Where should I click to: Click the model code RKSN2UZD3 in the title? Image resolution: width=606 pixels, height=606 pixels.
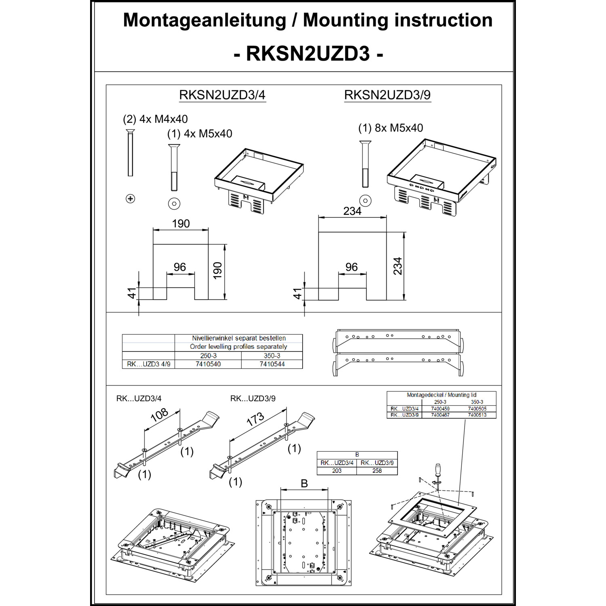(308, 53)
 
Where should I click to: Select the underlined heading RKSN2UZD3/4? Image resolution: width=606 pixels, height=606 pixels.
(222, 95)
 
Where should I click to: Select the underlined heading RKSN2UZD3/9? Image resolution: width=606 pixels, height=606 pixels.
(387, 95)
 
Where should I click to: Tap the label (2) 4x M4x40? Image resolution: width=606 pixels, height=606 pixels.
(155, 119)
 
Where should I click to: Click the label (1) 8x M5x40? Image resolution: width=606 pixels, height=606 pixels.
(390, 128)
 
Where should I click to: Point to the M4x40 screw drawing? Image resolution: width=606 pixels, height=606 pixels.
(130, 154)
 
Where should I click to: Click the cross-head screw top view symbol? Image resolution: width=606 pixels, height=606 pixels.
(130, 199)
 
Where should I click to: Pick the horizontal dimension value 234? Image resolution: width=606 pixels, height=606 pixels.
(352, 211)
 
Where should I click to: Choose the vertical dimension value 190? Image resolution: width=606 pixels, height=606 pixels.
(218, 270)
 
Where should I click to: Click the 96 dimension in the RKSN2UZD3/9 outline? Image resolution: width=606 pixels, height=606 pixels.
(351, 267)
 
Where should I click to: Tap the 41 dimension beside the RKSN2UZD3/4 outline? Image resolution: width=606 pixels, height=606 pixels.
(132, 293)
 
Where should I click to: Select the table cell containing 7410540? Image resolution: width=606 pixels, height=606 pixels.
(208, 364)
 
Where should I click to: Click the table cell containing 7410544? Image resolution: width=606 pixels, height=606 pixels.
(272, 364)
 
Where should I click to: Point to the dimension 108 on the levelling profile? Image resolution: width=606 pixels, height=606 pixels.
(159, 415)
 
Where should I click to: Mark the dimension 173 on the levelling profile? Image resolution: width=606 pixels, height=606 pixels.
(255, 419)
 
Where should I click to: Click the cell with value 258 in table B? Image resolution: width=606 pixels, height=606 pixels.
(377, 471)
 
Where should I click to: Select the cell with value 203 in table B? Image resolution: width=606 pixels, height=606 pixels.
(337, 471)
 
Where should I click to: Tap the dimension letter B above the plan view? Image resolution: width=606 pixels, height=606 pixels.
(304, 484)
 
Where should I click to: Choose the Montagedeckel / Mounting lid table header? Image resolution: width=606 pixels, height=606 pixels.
(441, 395)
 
